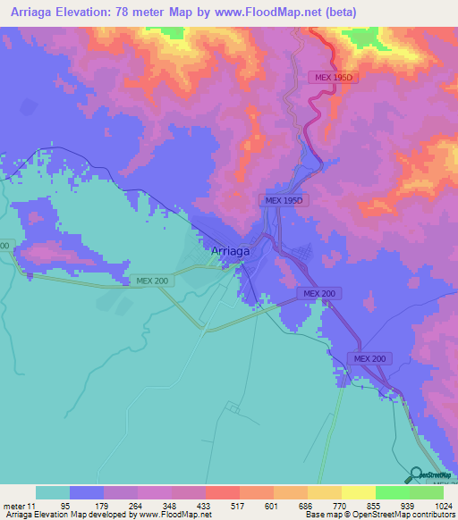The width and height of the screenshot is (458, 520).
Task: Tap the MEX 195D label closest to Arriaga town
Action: pyautogui.click(x=286, y=201)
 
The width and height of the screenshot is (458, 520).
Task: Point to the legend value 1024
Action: pyautogui.click(x=444, y=505)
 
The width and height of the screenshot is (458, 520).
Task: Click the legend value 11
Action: pyautogui.click(x=32, y=505)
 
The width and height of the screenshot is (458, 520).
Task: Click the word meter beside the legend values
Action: pyautogui.click(x=13, y=505)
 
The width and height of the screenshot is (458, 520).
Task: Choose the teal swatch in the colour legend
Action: pyautogui.click(x=53, y=492)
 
